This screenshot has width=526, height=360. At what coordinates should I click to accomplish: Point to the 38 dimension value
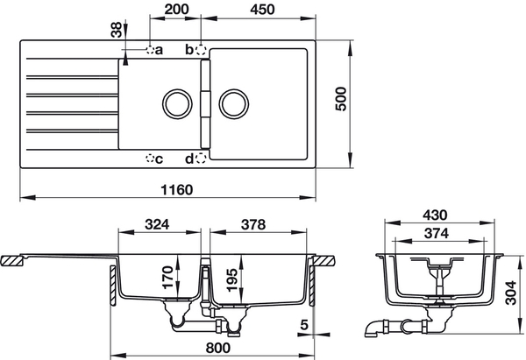tap(115, 30)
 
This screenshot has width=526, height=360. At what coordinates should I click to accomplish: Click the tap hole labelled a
tap(150, 51)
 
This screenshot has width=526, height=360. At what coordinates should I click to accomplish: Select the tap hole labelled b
tap(202, 50)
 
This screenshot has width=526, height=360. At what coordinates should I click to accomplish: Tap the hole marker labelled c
tap(149, 159)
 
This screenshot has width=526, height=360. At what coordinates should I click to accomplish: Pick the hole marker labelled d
tap(202, 158)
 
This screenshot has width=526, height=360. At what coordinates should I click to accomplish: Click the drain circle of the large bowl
tap(234, 102)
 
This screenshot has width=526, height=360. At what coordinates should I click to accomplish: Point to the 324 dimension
tap(157, 224)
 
